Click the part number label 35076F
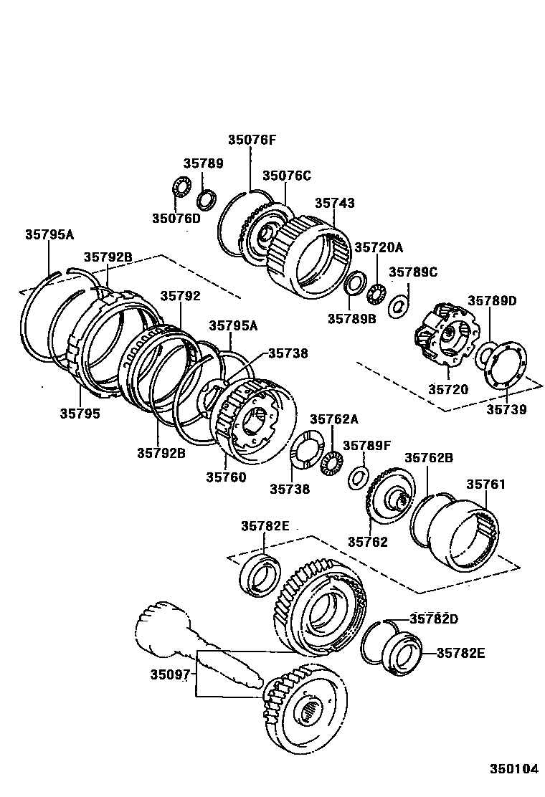[x=252, y=140]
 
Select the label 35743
[x=334, y=203]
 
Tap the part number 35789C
[x=412, y=272]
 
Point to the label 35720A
[x=379, y=247]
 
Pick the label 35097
[x=170, y=674]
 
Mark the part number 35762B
[x=429, y=457]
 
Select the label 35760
[x=226, y=477]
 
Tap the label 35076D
[x=176, y=218]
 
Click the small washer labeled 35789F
[x=359, y=477]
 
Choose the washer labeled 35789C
[x=398, y=308]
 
